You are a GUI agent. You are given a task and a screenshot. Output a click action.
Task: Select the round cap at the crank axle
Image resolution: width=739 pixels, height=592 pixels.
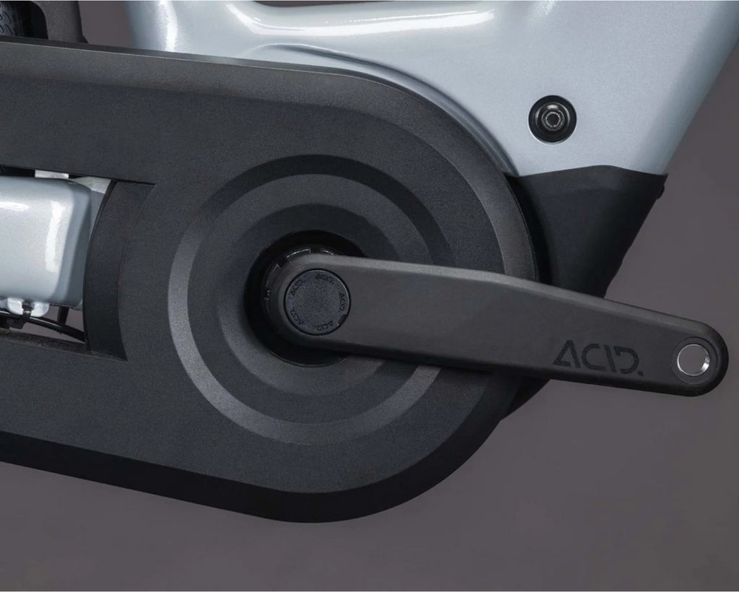pyautogui.click(x=317, y=301)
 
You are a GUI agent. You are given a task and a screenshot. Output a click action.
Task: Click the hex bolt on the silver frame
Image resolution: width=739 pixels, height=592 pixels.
pyautogui.click(x=552, y=119)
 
